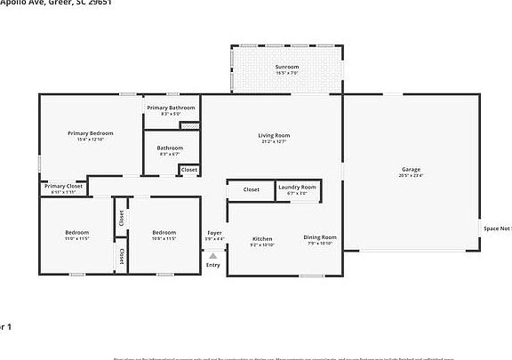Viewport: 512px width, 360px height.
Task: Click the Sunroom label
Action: coord(286,67)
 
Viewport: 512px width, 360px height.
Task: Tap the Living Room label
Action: coord(276,135)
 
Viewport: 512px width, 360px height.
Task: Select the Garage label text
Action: coord(411,169)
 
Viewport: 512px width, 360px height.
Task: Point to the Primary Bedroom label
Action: coord(91,133)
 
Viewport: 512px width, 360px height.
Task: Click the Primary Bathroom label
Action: coord(171,108)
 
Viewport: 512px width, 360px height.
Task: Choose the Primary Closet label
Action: coord(63,186)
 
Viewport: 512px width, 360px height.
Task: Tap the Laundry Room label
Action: coord(297,187)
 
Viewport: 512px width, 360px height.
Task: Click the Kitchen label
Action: coord(262,238)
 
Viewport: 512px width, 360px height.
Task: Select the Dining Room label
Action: coord(320,236)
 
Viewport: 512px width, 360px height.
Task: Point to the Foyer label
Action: coord(214,233)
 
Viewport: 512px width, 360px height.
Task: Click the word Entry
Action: coord(213,265)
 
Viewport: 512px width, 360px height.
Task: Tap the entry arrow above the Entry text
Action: coord(213,255)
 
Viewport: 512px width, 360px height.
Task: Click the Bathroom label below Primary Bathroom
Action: coord(170,148)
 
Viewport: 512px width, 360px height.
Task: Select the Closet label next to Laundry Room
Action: coord(252,189)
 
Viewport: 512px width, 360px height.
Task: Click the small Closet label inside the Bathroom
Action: coord(189,170)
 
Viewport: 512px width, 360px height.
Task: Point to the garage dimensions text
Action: coord(411,176)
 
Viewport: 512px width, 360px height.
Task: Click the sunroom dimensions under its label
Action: coord(286,73)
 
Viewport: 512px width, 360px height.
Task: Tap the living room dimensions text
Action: coord(276,141)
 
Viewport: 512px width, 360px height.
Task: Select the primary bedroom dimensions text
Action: coord(91,140)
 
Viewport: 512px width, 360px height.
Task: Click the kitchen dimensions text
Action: coord(262,244)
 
